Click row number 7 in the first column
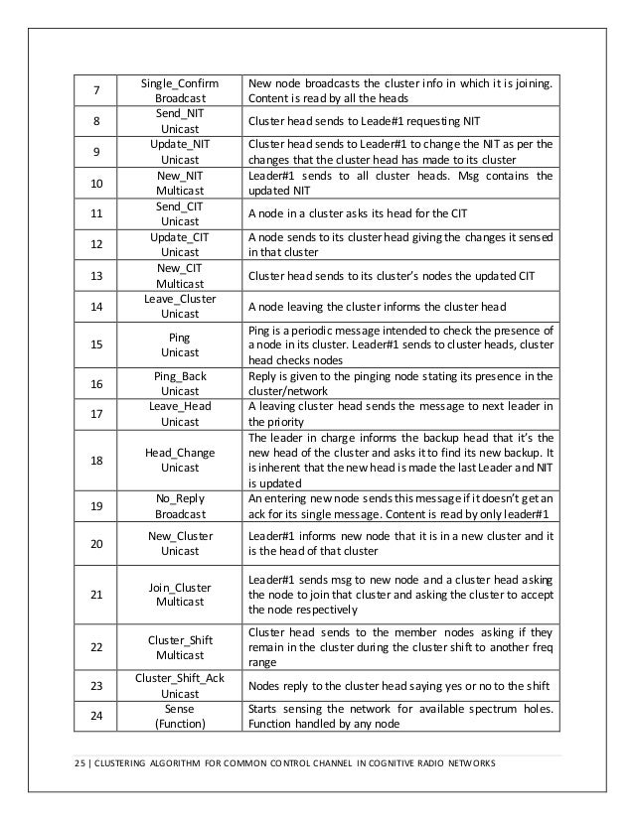click(95, 92)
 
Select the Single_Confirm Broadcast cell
click(180, 92)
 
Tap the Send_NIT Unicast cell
click(180, 122)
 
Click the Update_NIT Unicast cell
click(180, 152)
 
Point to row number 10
click(95, 184)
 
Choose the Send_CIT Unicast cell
click(180, 213)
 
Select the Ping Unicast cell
click(180, 344)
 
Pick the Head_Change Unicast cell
click(180, 460)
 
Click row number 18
click(95, 460)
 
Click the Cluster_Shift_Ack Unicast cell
click(180, 686)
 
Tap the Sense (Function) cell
click(180, 718)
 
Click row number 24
click(95, 718)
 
